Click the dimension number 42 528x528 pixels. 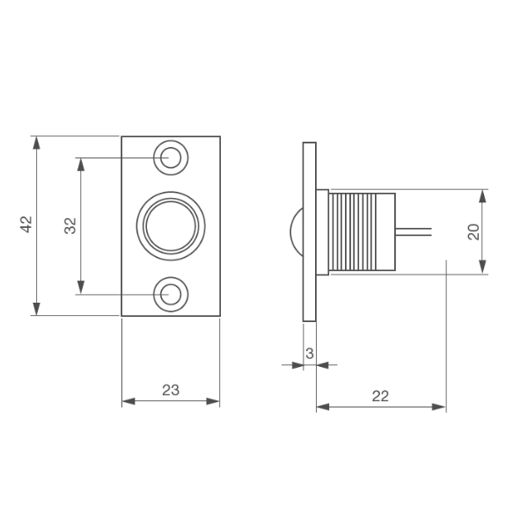coord(26,224)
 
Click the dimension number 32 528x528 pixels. coord(70,226)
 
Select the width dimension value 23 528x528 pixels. coord(171,390)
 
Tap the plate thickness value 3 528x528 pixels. coord(310,353)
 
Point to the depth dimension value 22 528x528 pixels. coord(380,396)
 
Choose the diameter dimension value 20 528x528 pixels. coord(473,231)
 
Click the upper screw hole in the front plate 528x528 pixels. coord(171,158)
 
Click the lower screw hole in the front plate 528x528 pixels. coord(171,294)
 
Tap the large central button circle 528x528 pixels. coord(171,226)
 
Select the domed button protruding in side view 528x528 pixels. coord(297,231)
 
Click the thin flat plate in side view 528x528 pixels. coord(310,231)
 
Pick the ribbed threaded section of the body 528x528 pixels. coord(352,231)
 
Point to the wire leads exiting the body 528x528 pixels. coord(414,231)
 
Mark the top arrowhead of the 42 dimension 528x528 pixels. coord(36,143)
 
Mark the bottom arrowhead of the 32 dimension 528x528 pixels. coord(81,288)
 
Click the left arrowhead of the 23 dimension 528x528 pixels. coord(128,401)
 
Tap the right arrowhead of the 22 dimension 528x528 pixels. coord(439,407)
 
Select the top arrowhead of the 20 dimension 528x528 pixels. coord(482,196)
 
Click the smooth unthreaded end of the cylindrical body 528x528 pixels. coord(386,231)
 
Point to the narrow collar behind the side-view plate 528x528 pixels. coord(323,232)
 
